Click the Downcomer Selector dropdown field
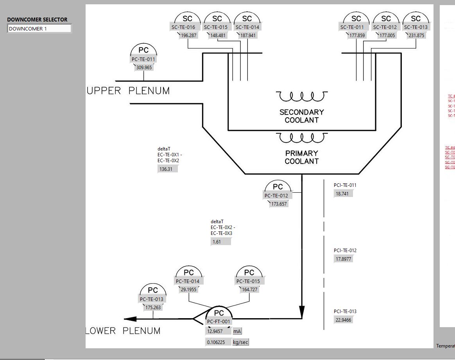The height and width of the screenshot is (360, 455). coord(39,29)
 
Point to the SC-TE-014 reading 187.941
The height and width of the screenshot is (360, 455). coord(248,35)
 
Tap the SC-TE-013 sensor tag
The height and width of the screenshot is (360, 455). coord(416,27)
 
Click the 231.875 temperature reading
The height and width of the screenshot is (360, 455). coord(416,35)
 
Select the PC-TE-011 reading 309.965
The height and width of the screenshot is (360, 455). coord(144,67)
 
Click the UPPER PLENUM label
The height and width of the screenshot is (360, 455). coord(129,91)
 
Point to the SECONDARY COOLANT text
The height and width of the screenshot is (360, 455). coord(301,116)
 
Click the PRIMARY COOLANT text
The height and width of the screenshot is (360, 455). coord(301,157)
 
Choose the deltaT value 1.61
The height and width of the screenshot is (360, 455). coord(220,242)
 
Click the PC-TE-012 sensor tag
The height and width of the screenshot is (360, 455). coord(276,196)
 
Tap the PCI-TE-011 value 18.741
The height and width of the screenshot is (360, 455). coord(344,193)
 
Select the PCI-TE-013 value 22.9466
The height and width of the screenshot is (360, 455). coord(344,320)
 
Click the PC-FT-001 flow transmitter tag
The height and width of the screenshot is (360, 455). coord(219,322)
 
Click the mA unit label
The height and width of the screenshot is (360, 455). coord(237,331)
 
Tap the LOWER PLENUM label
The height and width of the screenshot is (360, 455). coord(123,331)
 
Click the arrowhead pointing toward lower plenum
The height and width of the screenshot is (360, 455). coord(131,319)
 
